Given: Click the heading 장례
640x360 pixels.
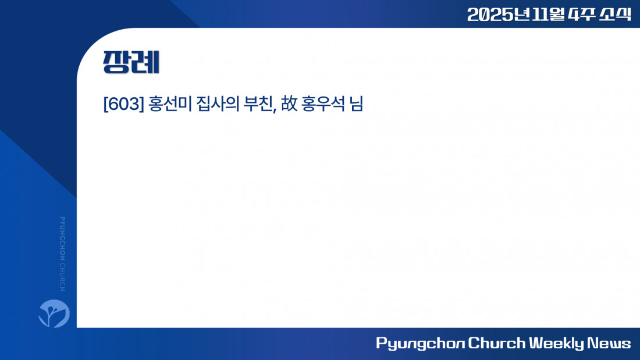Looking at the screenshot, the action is point(131,62).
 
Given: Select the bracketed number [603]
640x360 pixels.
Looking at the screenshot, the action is point(124,104).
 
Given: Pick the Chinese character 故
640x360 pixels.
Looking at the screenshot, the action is point(289,104).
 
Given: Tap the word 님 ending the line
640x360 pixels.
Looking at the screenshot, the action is point(356,104).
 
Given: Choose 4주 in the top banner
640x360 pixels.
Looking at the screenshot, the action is point(581,15).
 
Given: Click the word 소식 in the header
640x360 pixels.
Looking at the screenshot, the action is point(615,15).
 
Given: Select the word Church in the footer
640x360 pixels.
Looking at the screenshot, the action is point(497,343).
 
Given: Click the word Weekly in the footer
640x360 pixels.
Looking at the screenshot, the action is point(557,343).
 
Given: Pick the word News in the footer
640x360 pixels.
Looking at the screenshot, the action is point(609,343).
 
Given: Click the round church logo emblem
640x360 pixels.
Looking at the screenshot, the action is point(54,313).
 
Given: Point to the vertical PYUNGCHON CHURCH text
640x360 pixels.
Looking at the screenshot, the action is point(62,254).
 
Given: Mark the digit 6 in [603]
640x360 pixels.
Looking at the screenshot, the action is point(115,104).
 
